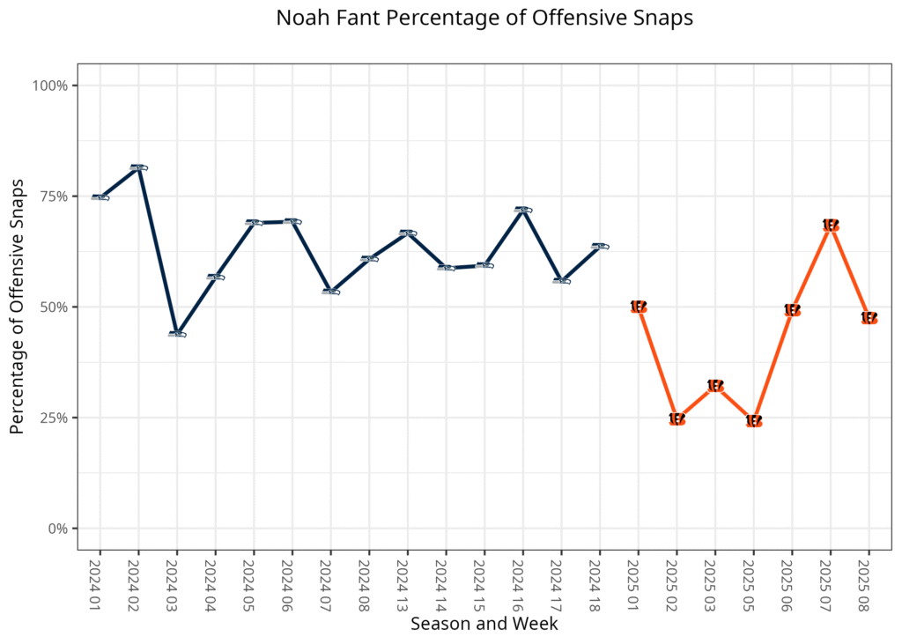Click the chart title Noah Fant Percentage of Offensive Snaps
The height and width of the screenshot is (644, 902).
pos(484,19)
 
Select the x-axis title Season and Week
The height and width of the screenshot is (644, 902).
pos(484,624)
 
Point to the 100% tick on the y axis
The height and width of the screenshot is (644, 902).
pos(51,85)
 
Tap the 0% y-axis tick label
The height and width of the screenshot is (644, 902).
pos(58,529)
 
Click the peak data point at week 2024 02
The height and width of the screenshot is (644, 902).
pos(138,167)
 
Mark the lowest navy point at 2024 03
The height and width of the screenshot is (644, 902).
pos(177,334)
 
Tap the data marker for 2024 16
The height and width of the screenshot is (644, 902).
pos(522,210)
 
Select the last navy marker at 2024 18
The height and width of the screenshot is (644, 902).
pos(600,246)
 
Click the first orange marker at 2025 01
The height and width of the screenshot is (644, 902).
pos(639,307)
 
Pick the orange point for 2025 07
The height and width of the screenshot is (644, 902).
pos(831,226)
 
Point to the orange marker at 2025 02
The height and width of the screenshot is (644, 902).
pos(676,419)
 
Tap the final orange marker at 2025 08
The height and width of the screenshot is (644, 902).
pos(869,318)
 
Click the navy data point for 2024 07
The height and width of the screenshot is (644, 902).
pos(330,291)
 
